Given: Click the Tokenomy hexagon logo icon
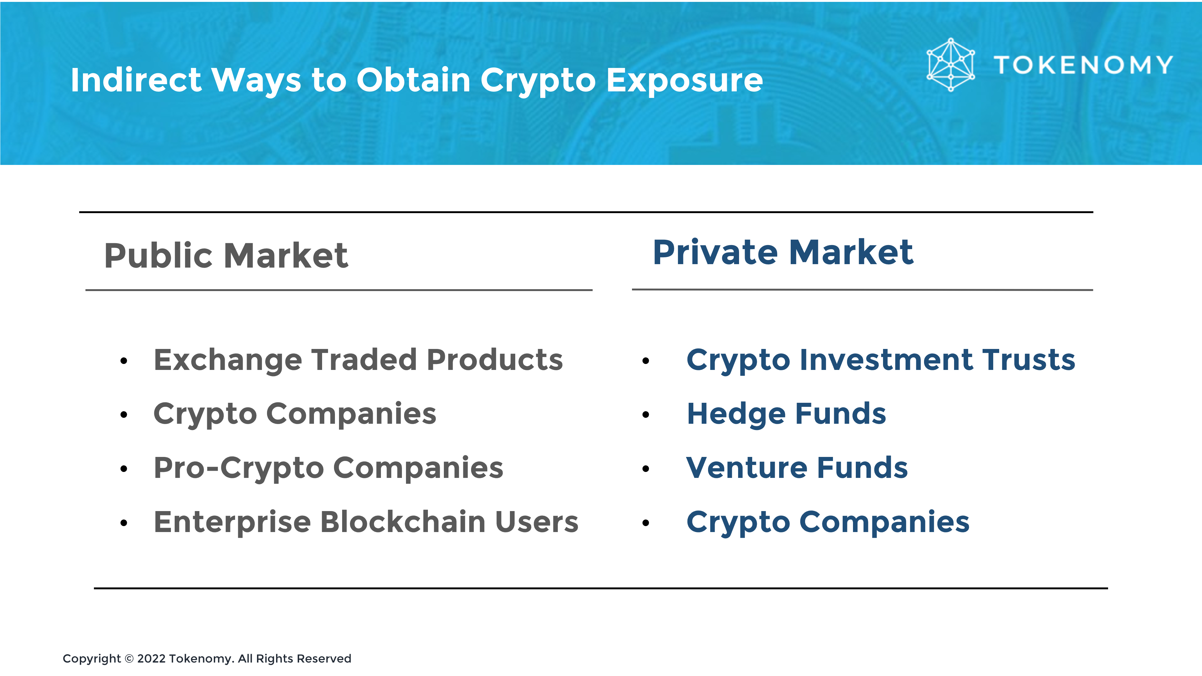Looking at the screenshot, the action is click(x=951, y=64).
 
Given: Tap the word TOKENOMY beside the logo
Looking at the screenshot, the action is click(x=1083, y=65).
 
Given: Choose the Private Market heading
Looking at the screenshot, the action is click(x=783, y=252).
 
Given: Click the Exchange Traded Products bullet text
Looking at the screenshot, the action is click(x=358, y=360).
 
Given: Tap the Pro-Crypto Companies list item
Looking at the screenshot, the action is click(x=328, y=468).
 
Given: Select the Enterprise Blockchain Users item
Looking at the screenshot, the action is click(x=366, y=522).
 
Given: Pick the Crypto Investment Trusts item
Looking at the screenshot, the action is click(x=881, y=360).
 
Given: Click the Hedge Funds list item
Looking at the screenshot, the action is click(x=786, y=414).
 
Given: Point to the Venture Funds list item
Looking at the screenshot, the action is click(x=797, y=468).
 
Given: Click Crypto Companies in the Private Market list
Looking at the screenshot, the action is click(x=828, y=522).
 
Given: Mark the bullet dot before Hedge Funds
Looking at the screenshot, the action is click(x=646, y=415).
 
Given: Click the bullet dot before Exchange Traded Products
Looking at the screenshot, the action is click(x=124, y=361).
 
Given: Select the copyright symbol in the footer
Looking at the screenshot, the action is click(x=129, y=659).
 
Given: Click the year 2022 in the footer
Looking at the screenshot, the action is click(x=151, y=659).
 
